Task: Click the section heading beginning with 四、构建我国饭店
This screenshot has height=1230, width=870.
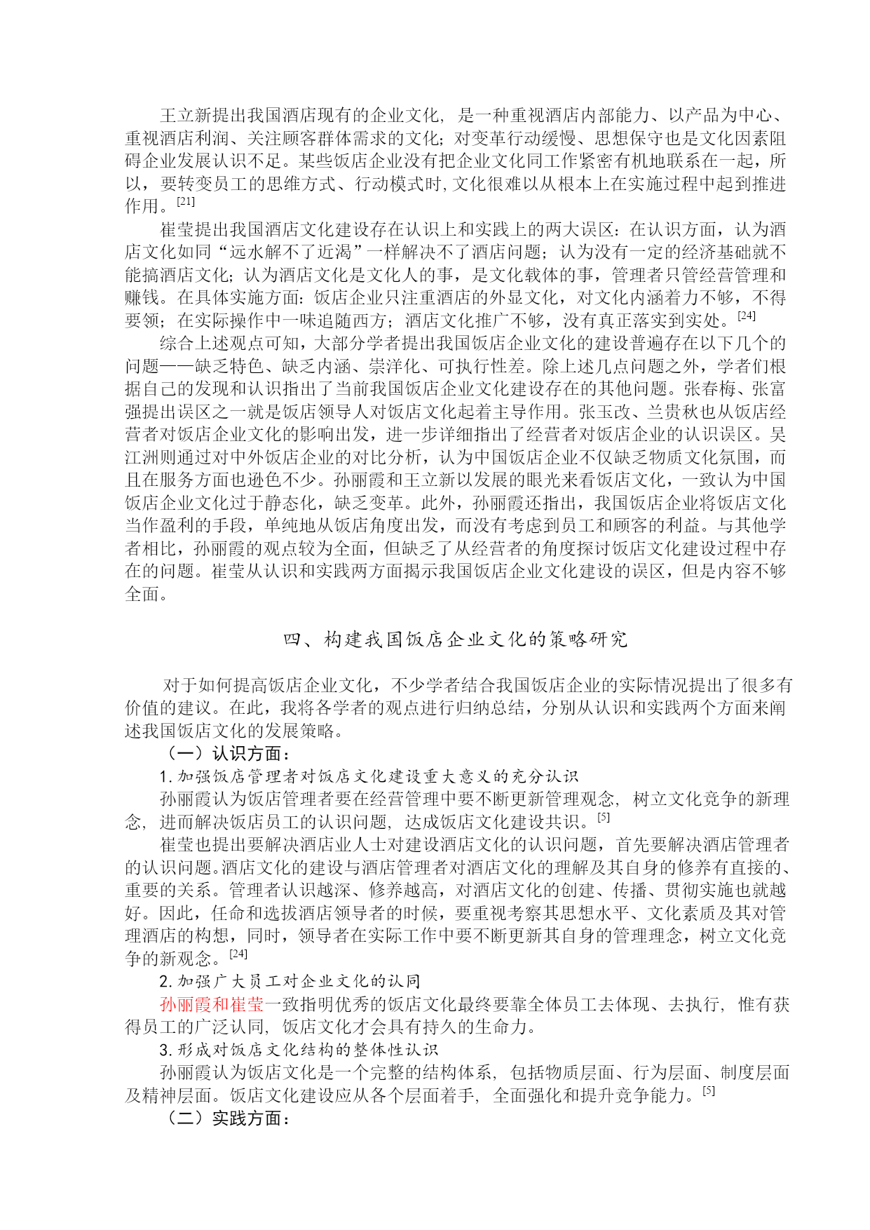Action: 455,639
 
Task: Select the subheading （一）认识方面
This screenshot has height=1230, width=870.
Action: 225,754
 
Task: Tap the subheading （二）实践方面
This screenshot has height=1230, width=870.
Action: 225,1119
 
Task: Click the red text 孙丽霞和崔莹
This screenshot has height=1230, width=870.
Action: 212,1005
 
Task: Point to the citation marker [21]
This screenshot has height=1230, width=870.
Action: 186,202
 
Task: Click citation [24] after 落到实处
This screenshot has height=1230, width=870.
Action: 747,316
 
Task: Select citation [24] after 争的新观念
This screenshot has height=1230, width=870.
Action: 238,954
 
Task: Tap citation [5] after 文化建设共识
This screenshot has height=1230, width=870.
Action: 604,818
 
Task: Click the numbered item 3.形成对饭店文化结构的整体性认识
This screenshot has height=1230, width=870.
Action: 299,1050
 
